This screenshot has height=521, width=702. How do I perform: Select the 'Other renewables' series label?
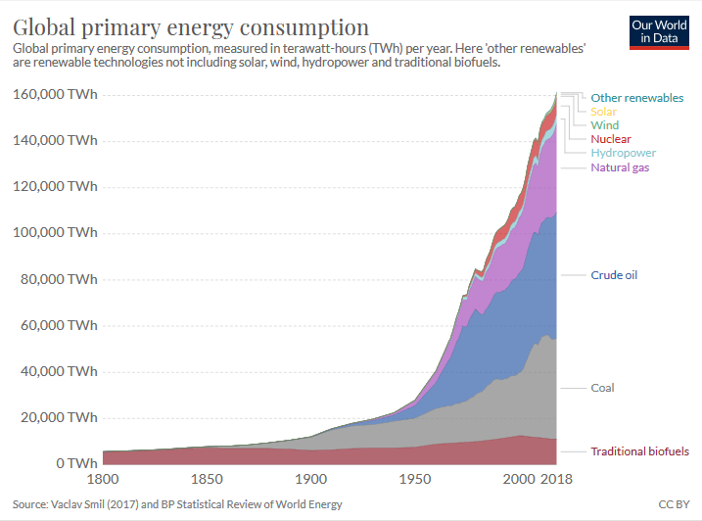click(637, 98)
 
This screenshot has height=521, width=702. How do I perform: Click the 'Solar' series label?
click(604, 112)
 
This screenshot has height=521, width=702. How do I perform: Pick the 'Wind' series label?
click(605, 125)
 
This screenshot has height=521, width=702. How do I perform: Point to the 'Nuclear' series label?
click(611, 139)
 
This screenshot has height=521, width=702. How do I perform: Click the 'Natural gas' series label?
click(620, 167)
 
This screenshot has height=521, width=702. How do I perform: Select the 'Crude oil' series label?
click(614, 275)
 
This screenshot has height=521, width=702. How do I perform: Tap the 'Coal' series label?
click(602, 388)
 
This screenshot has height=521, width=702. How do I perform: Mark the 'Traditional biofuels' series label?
click(639, 451)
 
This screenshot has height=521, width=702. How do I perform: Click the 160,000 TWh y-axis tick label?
click(55, 94)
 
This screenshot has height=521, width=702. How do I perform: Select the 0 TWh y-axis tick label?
click(76, 463)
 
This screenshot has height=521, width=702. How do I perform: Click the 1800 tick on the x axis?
click(103, 480)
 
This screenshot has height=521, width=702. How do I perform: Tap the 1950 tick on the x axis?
click(416, 480)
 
